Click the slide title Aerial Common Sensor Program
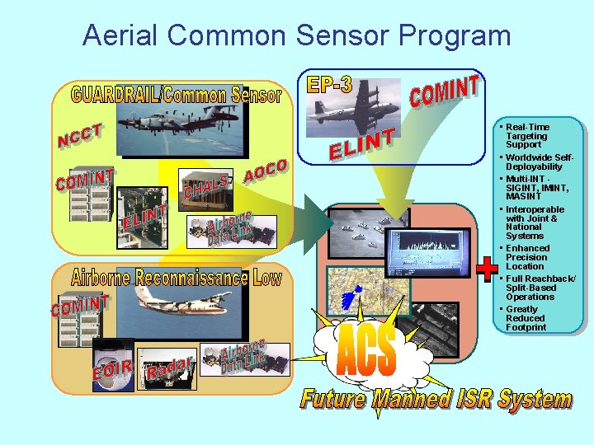297,35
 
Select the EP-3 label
329,84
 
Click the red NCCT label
81,137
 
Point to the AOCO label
266,171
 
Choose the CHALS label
205,187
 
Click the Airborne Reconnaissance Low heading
177,278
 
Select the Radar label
170,368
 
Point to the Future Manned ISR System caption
436,400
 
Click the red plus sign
488,268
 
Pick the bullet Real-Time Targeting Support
526,136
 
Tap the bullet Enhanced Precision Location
526,257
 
